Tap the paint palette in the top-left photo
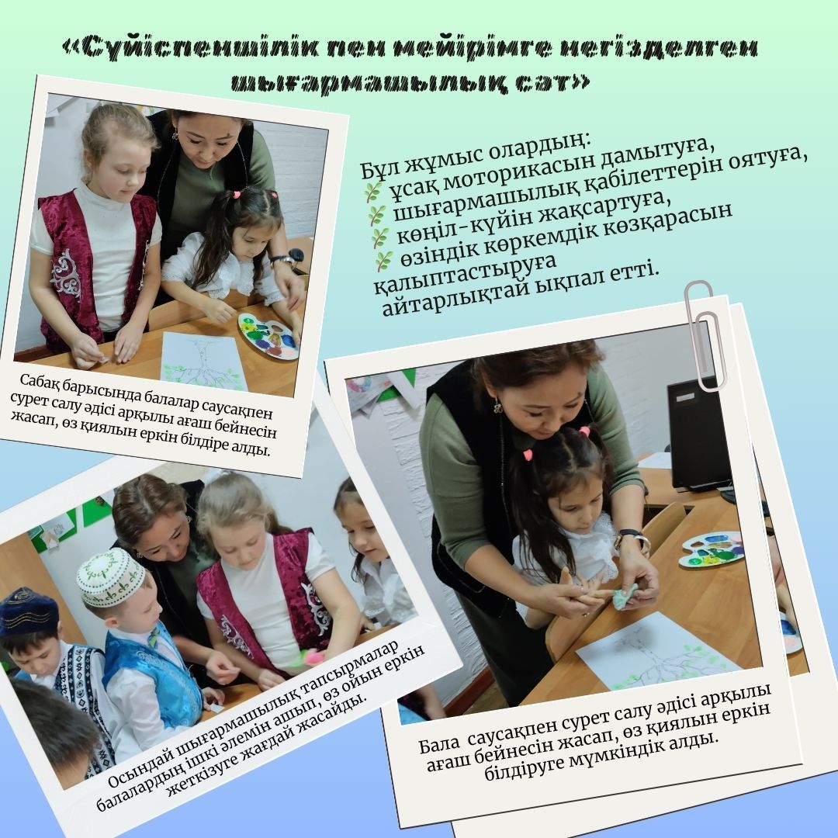[268, 336]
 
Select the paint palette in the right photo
[711, 549]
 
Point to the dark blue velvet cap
[28, 611]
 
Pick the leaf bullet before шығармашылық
[376, 216]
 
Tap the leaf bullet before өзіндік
[383, 261]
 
